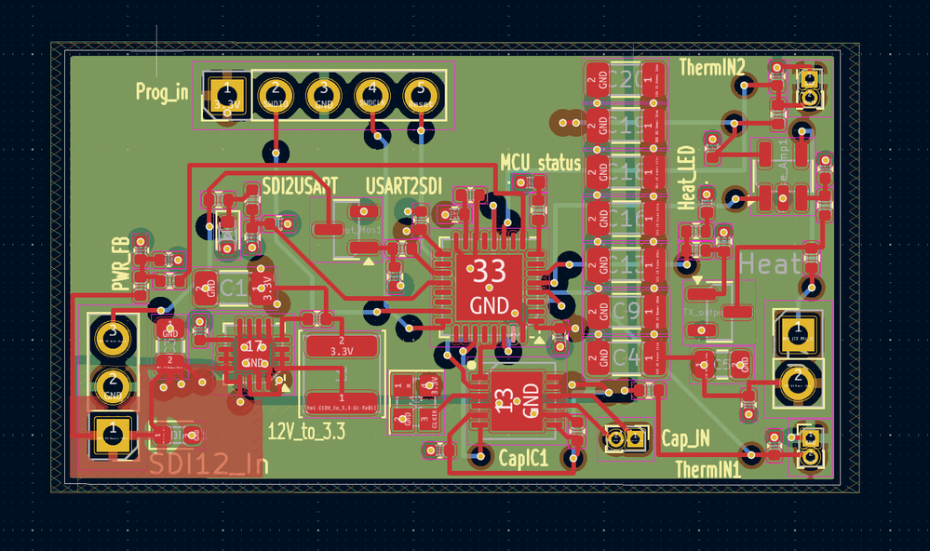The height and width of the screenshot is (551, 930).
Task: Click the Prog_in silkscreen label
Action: pos(162,91)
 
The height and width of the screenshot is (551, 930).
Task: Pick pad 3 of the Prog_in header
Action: pos(323,93)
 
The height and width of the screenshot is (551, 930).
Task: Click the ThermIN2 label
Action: pos(712,68)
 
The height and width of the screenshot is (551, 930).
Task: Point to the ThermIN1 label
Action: pos(708,470)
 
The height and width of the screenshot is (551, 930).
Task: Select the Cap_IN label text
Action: pos(685,437)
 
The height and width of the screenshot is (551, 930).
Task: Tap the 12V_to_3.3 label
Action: pos(306,432)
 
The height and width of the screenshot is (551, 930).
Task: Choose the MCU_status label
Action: pos(540,163)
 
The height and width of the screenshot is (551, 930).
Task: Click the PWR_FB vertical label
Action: pos(120,264)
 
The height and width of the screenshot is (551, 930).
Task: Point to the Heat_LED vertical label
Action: pos(688,178)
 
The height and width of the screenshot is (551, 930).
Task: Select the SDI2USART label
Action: pos(295,184)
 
